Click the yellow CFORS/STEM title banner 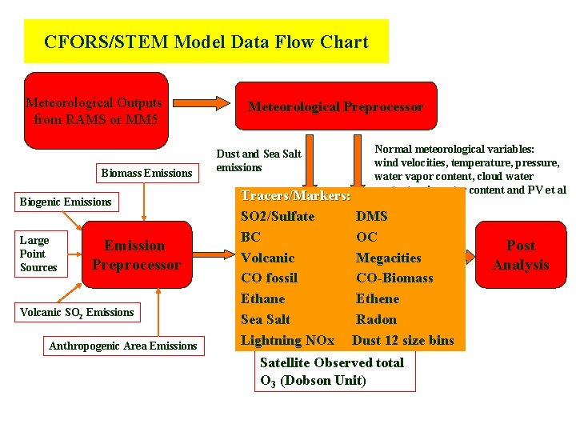206,42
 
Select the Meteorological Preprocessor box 335,106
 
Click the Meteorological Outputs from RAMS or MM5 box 96,111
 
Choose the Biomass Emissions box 146,173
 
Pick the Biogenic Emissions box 66,202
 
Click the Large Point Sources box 40,254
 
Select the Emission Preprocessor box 137,255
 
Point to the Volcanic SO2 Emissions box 78,312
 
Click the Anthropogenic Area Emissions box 122,346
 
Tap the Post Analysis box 521,255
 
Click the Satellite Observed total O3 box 334,371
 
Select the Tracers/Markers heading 295,195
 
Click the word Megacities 388,258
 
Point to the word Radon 376,319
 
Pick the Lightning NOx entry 287,340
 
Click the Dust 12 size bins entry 403,340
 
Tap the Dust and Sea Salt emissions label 258,161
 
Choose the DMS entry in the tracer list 371,216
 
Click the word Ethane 262,298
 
